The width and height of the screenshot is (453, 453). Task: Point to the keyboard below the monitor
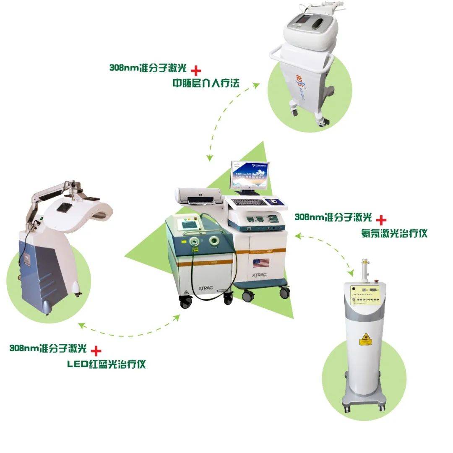249,202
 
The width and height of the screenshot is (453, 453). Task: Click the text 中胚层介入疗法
206,83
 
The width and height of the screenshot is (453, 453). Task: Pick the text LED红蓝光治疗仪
107,364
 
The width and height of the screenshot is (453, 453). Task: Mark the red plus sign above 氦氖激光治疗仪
381,219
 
